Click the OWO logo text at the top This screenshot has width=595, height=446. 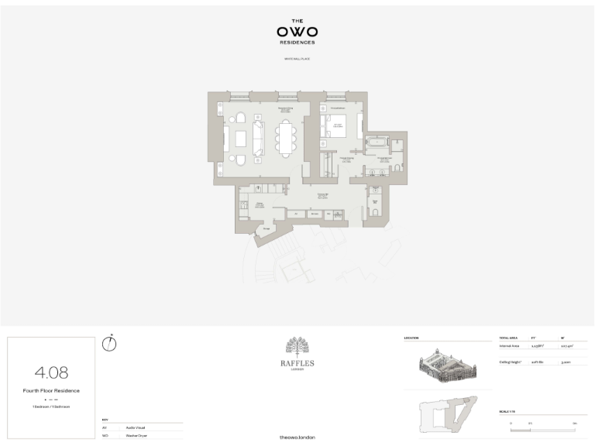[x=297, y=32]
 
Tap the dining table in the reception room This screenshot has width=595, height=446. [x=286, y=139]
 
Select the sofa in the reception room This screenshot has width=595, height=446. [x=259, y=139]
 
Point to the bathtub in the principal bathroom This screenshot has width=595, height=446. [x=377, y=142]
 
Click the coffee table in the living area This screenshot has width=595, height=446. [x=241, y=139]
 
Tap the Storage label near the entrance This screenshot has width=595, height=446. [x=267, y=228]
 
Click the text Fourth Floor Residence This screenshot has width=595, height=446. [x=51, y=391]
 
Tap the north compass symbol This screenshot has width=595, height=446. [x=109, y=344]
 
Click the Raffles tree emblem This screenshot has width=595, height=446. [x=297, y=347]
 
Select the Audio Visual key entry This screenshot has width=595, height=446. [x=136, y=427]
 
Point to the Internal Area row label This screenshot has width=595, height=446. [x=510, y=346]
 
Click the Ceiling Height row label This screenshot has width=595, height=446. [x=511, y=362]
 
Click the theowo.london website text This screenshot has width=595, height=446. [x=297, y=437]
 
